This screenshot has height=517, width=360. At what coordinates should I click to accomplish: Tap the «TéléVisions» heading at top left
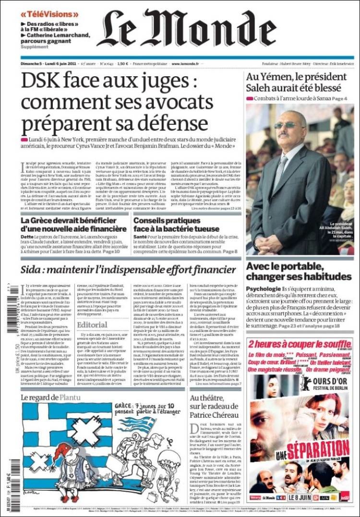(49, 14)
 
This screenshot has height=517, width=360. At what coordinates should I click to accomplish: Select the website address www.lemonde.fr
(186, 63)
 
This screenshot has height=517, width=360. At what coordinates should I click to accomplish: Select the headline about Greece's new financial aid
(73, 225)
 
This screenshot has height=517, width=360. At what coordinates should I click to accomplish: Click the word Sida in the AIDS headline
(34, 270)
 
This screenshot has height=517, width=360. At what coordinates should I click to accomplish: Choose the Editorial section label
(92, 325)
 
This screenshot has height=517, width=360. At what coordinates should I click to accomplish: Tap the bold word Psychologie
(263, 289)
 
